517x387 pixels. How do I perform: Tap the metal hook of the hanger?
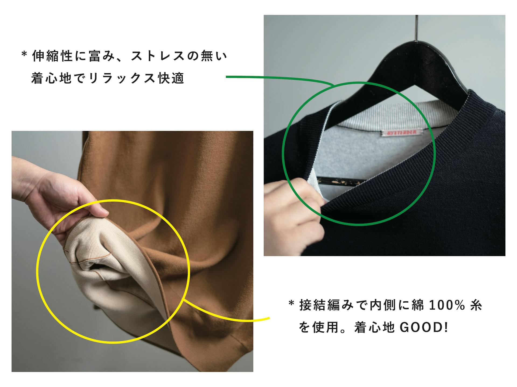tap(417, 27)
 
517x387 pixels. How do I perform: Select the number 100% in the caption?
tap(447, 305)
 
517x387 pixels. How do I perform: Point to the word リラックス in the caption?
tap(122, 78)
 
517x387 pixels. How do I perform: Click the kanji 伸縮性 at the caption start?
tap(53, 56)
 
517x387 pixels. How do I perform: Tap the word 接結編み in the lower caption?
tap(327, 305)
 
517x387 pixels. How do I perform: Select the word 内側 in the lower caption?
tap(383, 305)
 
